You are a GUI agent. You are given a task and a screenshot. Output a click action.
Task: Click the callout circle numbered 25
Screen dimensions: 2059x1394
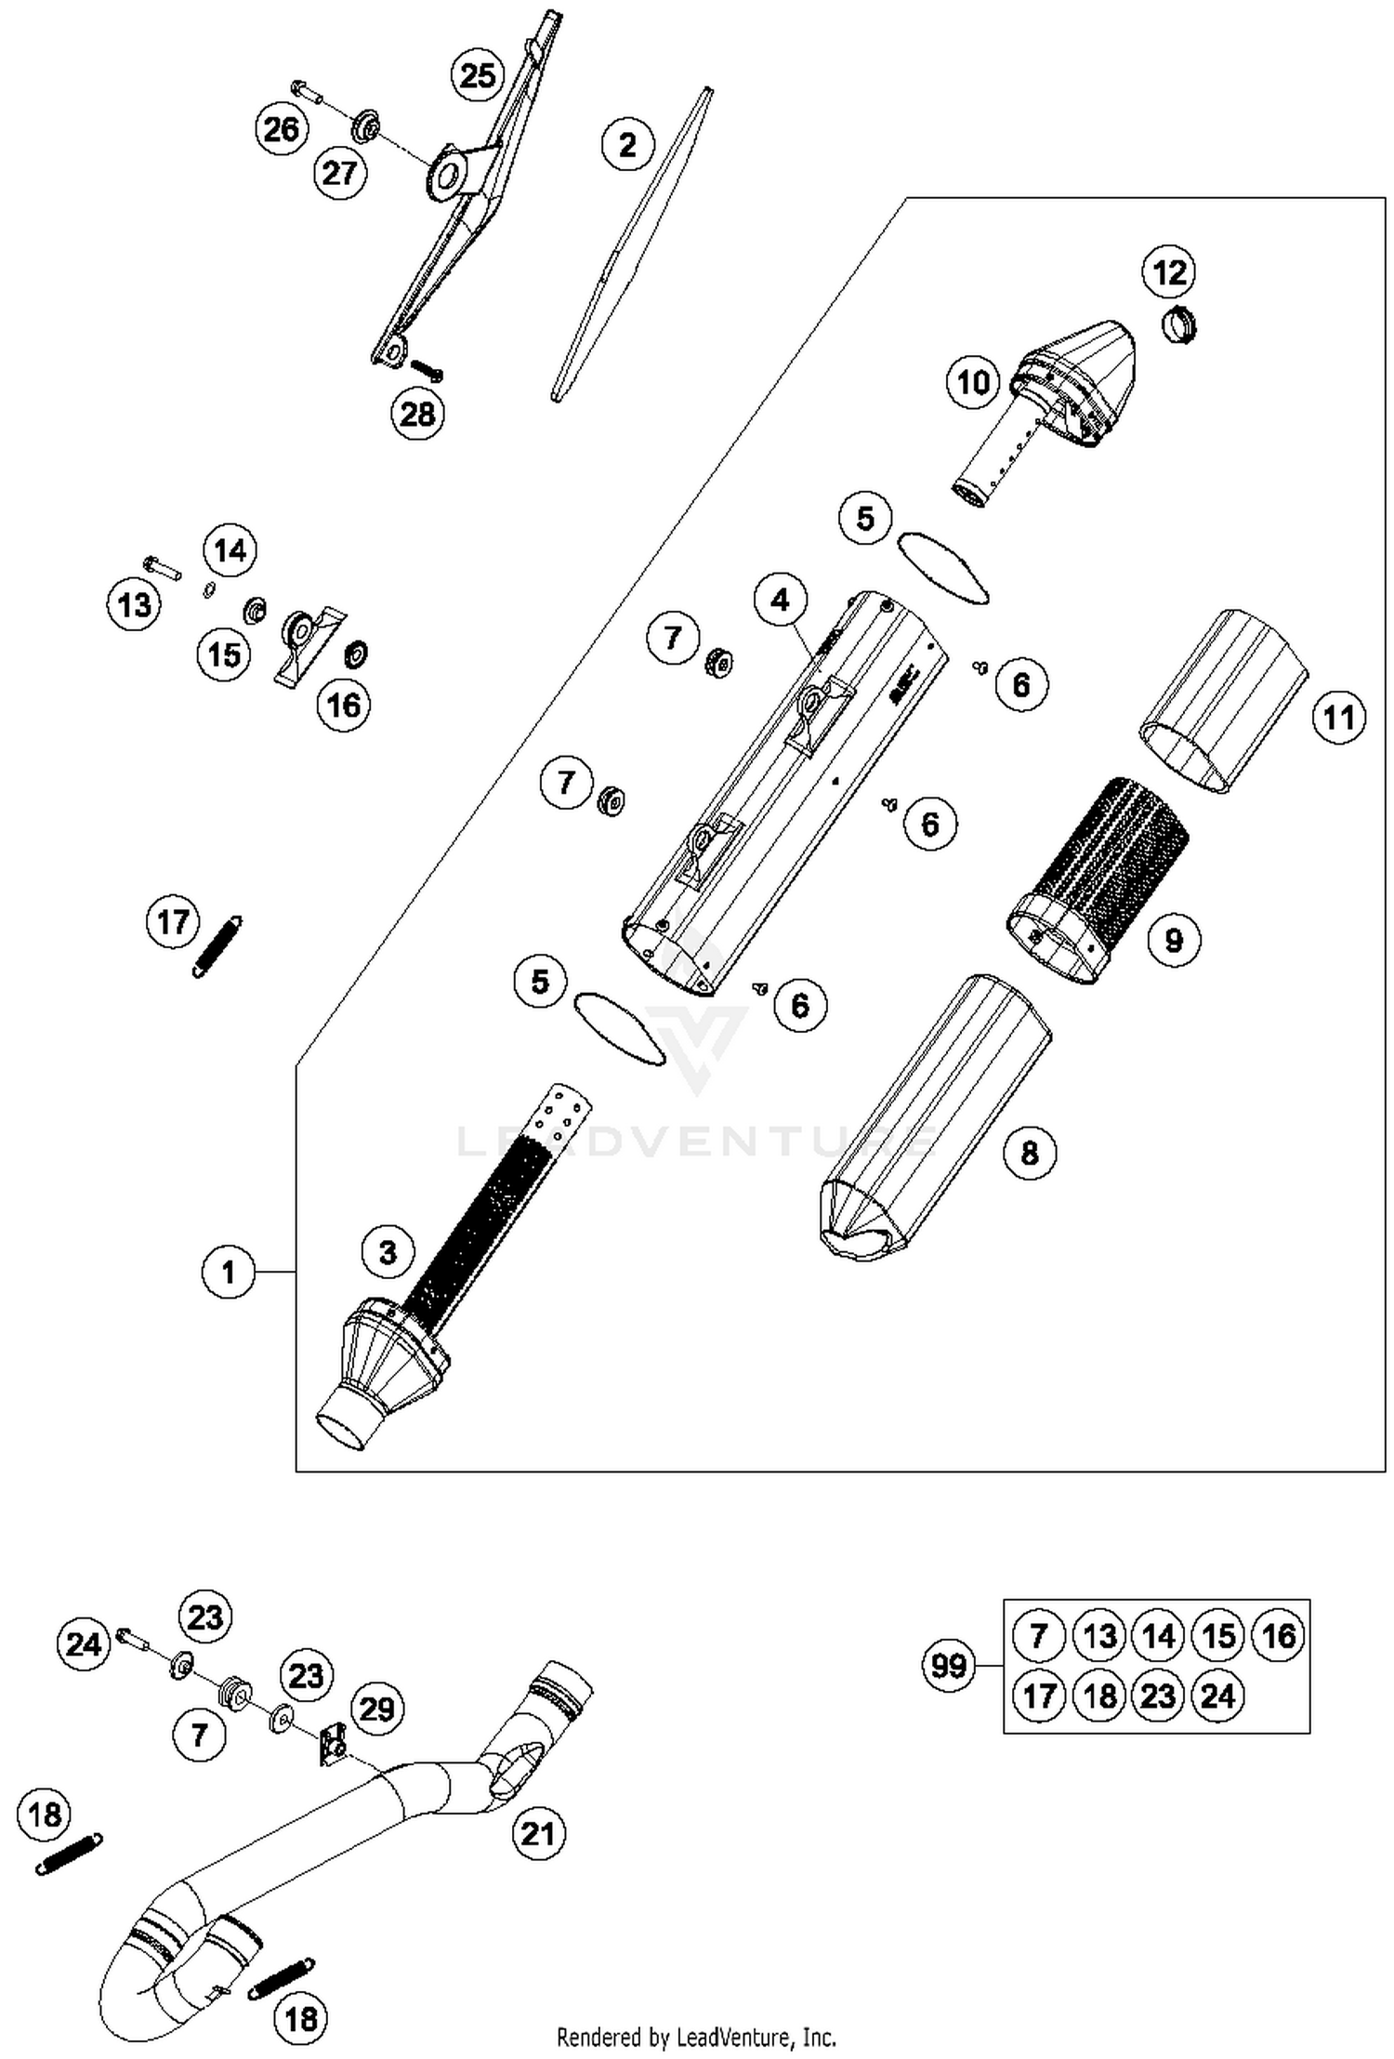click(479, 74)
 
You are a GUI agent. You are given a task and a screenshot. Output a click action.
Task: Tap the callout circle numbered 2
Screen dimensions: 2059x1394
click(628, 145)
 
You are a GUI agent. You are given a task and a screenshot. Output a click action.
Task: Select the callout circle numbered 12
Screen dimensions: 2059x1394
click(1169, 272)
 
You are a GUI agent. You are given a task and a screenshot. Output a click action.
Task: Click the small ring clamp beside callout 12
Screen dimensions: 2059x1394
click(1179, 324)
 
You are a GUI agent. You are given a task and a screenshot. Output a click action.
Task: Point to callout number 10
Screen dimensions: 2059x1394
click(973, 382)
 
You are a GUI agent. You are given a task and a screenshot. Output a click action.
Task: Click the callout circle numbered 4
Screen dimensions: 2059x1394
click(781, 601)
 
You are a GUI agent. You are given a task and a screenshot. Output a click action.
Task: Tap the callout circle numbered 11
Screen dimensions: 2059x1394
click(1338, 718)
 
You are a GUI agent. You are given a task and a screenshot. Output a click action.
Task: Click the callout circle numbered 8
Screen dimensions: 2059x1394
click(1030, 1154)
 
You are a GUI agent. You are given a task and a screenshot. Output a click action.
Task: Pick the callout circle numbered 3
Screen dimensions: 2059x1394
click(388, 1252)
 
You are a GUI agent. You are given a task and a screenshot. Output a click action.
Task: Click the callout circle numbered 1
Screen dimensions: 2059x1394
click(229, 1272)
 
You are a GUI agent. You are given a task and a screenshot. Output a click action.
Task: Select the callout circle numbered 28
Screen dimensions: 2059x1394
click(417, 414)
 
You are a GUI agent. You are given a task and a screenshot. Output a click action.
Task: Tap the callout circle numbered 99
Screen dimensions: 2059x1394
click(949, 1666)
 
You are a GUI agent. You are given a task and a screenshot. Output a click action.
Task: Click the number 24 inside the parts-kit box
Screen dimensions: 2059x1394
click(1217, 1696)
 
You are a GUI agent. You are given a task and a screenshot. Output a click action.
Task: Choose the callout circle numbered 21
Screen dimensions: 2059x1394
click(538, 1834)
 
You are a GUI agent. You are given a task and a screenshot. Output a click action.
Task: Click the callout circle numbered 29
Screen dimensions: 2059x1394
click(376, 1709)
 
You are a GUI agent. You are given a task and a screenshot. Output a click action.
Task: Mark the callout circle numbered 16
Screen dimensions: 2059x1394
click(344, 705)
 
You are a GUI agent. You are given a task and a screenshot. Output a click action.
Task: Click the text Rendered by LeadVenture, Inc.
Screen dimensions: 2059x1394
click(696, 2038)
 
